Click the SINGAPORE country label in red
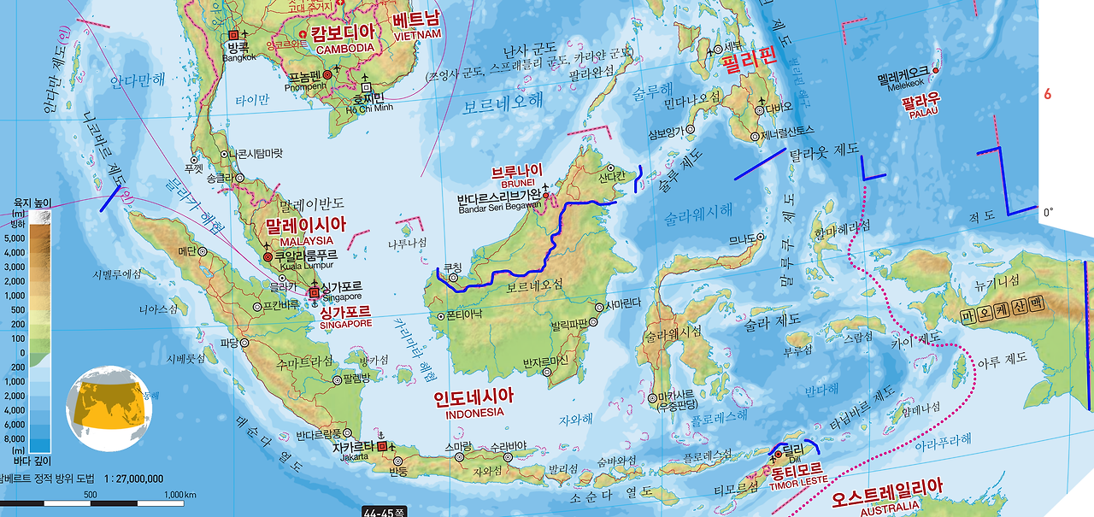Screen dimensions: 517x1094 pyautogui.click(x=345, y=324)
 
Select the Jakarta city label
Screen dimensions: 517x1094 pyautogui.click(x=355, y=457)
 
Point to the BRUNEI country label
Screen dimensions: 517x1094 pyautogui.click(x=518, y=183)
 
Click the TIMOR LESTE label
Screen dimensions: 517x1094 pyautogui.click(x=797, y=480)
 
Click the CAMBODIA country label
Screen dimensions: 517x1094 pyautogui.click(x=344, y=49)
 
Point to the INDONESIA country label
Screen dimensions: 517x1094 pyautogui.click(x=474, y=413)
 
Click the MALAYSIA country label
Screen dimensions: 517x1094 pyautogui.click(x=306, y=241)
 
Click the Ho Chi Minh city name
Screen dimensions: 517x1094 pyautogui.click(x=369, y=107)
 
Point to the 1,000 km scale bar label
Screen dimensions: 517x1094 pyautogui.click(x=179, y=495)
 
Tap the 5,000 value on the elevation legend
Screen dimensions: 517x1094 pyautogui.click(x=15, y=239)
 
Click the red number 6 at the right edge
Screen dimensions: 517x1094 pyautogui.click(x=1047, y=94)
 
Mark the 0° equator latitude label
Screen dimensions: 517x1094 pyautogui.click(x=1048, y=211)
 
